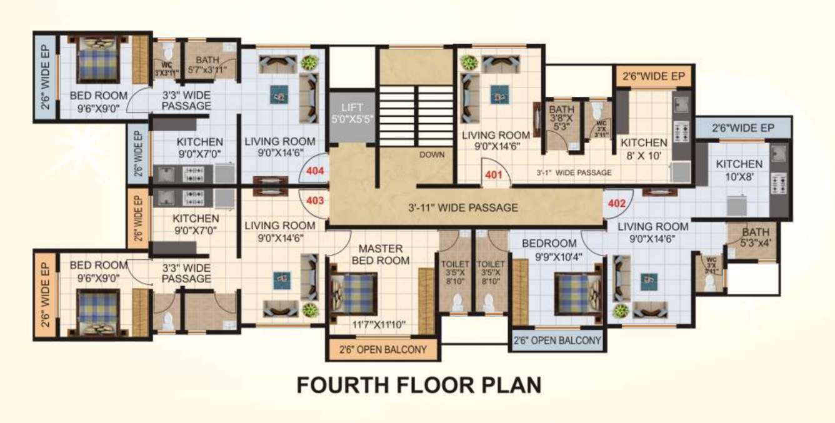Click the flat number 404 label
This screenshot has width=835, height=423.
(314, 170)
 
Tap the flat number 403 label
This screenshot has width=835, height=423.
(314, 201)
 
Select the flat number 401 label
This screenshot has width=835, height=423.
(494, 175)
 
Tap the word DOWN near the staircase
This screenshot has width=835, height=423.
(432, 154)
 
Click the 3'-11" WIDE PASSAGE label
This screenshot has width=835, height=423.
(462, 207)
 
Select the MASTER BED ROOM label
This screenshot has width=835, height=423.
(380, 254)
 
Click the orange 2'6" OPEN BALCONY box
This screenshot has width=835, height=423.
(382, 349)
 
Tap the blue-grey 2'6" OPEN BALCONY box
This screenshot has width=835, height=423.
(557, 341)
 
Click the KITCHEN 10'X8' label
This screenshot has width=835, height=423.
(739, 170)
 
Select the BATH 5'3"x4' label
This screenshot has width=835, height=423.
(755, 237)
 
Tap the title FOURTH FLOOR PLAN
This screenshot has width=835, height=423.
(418, 385)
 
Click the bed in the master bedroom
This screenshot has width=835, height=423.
(353, 293)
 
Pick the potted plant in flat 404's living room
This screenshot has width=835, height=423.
(307, 63)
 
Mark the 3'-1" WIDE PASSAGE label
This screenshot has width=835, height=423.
(574, 172)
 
